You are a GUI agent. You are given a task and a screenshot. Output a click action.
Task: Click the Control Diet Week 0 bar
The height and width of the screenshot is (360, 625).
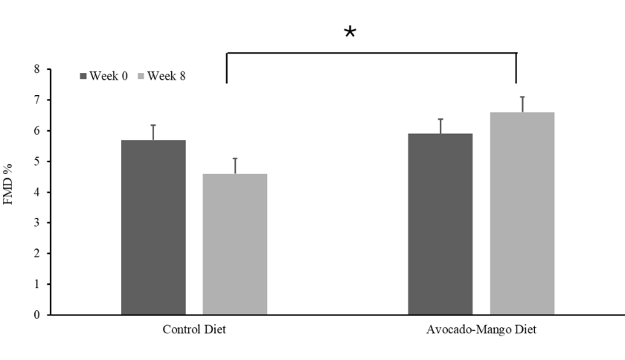pyautogui.click(x=153, y=228)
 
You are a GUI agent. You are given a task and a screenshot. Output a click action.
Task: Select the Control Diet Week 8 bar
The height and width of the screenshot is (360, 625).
pyautogui.click(x=235, y=244)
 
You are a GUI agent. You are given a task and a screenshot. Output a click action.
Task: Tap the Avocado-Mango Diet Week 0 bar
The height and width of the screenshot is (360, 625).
pyautogui.click(x=440, y=224)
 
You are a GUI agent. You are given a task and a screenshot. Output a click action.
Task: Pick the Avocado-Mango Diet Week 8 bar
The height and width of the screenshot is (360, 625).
pyautogui.click(x=522, y=213)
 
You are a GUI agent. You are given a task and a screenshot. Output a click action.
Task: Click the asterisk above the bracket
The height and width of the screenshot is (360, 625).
pyautogui.click(x=350, y=32)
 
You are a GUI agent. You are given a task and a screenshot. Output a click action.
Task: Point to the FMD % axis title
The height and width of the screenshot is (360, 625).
pyautogui.click(x=8, y=184)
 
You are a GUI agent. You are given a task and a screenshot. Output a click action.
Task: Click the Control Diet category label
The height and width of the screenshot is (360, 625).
pyautogui.click(x=194, y=330)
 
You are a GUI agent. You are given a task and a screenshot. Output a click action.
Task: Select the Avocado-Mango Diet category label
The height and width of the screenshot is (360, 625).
pyautogui.click(x=481, y=330)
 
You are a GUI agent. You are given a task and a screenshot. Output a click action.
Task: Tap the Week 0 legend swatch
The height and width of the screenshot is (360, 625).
pyautogui.click(x=83, y=76)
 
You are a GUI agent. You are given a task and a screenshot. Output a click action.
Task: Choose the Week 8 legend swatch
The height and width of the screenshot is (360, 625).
pyautogui.click(x=141, y=76)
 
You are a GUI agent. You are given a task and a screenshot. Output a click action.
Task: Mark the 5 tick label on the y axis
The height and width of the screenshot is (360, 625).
pyautogui.click(x=37, y=161)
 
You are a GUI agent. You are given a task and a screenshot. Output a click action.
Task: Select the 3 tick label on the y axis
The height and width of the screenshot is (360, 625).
pyautogui.click(x=37, y=222)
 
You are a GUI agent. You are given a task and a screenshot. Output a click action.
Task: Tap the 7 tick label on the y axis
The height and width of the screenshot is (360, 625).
pyautogui.click(x=37, y=100)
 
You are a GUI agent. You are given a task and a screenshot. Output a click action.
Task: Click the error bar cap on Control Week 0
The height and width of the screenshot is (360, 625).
pyautogui.click(x=153, y=125)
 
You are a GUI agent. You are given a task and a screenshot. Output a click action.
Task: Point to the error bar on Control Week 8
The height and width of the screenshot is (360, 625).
pyautogui.click(x=235, y=166)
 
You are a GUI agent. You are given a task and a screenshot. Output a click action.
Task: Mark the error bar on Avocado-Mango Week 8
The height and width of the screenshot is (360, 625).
pyautogui.click(x=522, y=104)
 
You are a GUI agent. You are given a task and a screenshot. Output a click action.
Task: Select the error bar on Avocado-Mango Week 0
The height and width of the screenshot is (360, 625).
pyautogui.click(x=440, y=126)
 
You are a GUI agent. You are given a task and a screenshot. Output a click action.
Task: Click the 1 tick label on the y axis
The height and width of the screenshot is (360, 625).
pyautogui.click(x=37, y=284)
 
